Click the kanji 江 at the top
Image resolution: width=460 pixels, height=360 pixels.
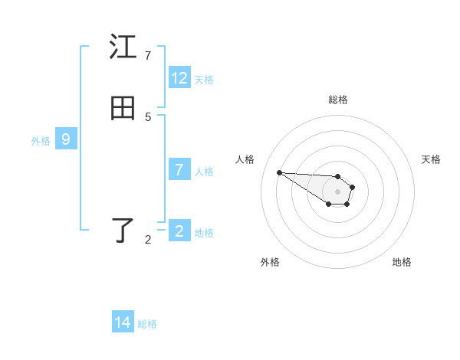(x=123, y=47)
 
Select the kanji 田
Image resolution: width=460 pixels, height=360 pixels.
(x=123, y=109)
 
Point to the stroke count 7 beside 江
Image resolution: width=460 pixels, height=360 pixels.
(x=148, y=55)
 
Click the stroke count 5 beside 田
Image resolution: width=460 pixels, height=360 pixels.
(x=148, y=116)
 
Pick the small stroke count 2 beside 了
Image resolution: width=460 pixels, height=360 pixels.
(x=148, y=240)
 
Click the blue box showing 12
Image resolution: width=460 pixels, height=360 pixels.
(x=179, y=78)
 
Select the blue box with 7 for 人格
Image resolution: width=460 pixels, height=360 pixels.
(x=179, y=170)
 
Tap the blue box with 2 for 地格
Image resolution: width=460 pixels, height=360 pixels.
(x=179, y=231)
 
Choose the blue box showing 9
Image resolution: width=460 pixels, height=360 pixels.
(x=66, y=139)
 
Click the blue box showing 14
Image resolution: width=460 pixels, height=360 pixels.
(x=123, y=322)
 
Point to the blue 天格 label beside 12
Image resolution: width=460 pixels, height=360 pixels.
(x=204, y=79)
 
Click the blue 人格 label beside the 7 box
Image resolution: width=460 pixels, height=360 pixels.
(x=204, y=171)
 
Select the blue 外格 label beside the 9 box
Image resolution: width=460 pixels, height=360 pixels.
(x=41, y=140)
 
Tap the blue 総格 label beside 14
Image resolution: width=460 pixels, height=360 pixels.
(x=147, y=323)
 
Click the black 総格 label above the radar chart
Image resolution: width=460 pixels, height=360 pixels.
(x=337, y=100)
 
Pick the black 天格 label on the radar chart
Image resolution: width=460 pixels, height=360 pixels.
(x=431, y=159)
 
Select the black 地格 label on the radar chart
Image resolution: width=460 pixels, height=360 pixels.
(x=402, y=262)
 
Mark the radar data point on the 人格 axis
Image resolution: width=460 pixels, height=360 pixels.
(x=279, y=172)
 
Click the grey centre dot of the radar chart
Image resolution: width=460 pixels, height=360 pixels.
(x=337, y=191)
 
